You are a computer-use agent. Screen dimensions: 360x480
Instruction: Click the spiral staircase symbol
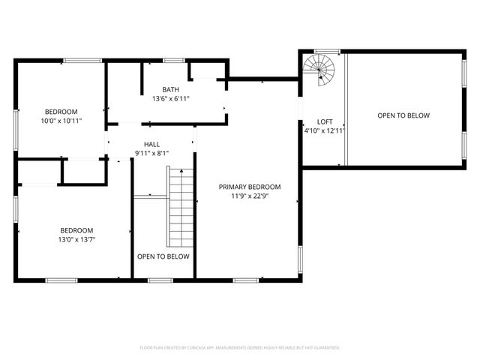[322, 71]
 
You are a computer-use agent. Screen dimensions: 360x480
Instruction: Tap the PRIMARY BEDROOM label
[250, 187]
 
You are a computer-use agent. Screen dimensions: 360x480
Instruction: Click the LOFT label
[325, 121]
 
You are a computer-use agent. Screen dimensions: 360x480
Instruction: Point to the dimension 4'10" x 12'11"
[325, 130]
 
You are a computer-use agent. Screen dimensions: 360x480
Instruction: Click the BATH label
[171, 90]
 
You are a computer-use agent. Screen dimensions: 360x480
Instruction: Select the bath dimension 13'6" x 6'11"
[171, 98]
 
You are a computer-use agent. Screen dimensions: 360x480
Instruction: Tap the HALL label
[152, 145]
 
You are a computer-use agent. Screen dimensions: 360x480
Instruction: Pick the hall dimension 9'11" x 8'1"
[152, 153]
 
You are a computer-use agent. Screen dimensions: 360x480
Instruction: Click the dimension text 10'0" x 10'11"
[61, 120]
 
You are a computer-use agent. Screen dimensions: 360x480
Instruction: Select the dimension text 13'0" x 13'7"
[77, 239]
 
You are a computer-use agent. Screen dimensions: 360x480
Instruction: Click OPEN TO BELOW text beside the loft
[403, 115]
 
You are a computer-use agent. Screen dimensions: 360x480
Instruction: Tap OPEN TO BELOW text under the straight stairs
[163, 256]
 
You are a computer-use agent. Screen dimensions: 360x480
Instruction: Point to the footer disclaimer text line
[240, 348]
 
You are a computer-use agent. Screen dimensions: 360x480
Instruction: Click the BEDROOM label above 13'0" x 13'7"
[77, 230]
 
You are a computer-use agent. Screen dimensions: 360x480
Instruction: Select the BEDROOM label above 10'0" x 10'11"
[61, 112]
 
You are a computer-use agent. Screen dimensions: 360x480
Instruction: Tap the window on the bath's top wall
[174, 60]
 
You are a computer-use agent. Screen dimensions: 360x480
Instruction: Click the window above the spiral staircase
[326, 51]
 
